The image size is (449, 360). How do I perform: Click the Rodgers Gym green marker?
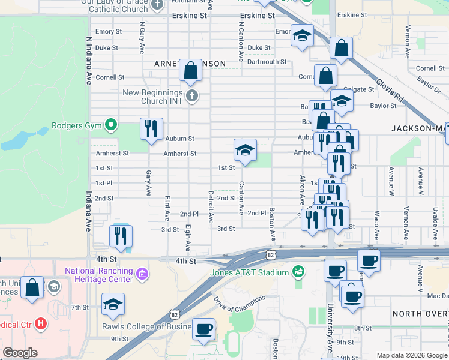point(110,125)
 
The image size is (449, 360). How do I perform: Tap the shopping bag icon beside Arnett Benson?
point(190,70)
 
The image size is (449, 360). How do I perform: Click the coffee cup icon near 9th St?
point(204,328)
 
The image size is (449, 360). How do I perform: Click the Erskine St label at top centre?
point(256,16)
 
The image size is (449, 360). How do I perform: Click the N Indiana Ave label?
point(89,61)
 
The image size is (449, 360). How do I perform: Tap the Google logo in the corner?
point(20,353)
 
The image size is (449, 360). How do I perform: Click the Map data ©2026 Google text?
point(411,355)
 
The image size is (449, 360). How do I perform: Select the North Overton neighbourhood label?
point(420,314)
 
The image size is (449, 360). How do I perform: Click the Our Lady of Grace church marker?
point(157,5)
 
